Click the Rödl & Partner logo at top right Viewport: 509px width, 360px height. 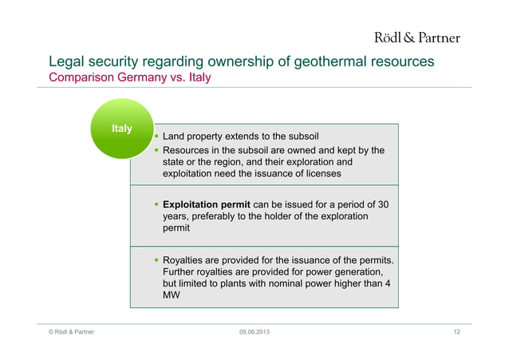[417, 37]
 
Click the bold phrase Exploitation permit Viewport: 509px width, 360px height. [209, 205]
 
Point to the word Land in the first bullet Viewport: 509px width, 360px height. [175, 136]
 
